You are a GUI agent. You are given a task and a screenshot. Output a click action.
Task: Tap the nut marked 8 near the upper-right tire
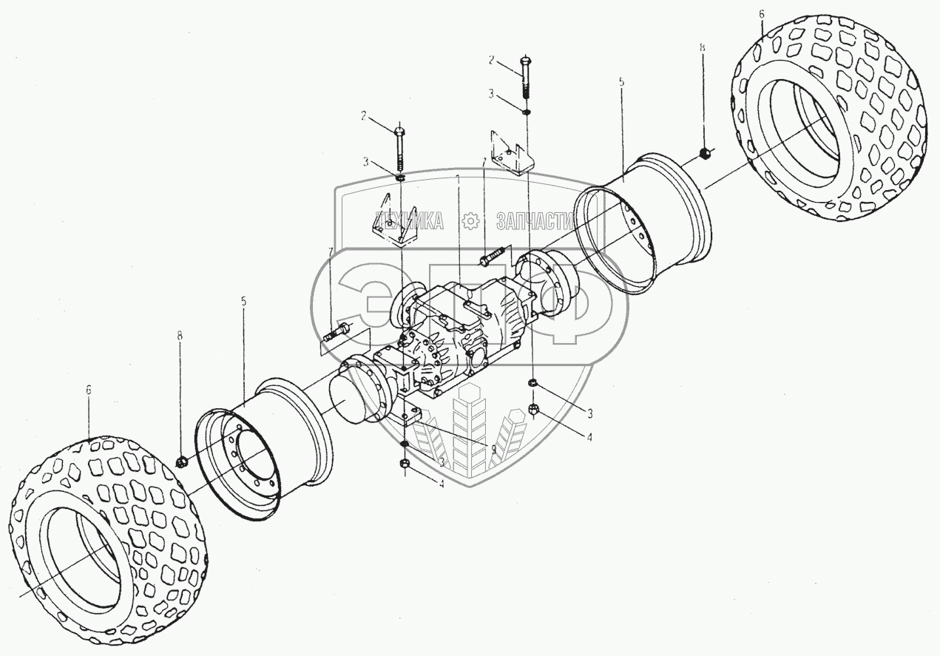[x=705, y=155]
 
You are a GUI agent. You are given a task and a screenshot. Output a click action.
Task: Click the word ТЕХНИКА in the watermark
[x=410, y=220]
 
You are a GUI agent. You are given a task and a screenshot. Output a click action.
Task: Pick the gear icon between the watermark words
[x=470, y=220]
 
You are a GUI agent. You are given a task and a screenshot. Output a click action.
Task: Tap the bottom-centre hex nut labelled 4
[x=404, y=465]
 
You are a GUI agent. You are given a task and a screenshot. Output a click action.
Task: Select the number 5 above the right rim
[x=621, y=84]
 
